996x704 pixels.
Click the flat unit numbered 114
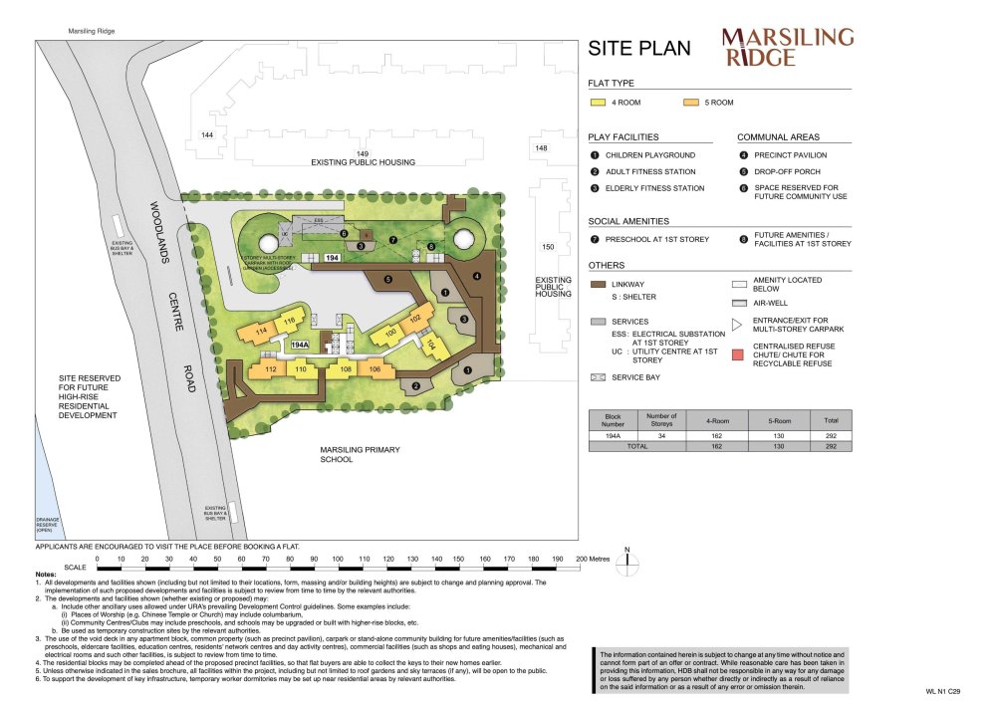pos(263,331)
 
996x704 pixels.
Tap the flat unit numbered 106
pos(374,369)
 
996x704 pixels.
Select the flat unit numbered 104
pos(431,345)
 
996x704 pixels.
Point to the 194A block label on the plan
pos(301,345)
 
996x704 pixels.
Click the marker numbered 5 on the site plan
pos(387,280)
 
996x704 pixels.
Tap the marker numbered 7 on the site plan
pos(393,239)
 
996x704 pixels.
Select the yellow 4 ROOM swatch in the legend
pos(599,103)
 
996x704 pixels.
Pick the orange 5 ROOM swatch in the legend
pos(691,103)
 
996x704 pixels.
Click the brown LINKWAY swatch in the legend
pos(599,284)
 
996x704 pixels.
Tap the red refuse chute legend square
pos(739,353)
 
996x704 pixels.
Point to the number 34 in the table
pos(661,435)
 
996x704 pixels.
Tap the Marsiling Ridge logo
pos(787,47)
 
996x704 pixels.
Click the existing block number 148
pos(541,148)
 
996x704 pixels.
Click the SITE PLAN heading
pos(638,49)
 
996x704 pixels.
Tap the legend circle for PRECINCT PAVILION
pos(743,155)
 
